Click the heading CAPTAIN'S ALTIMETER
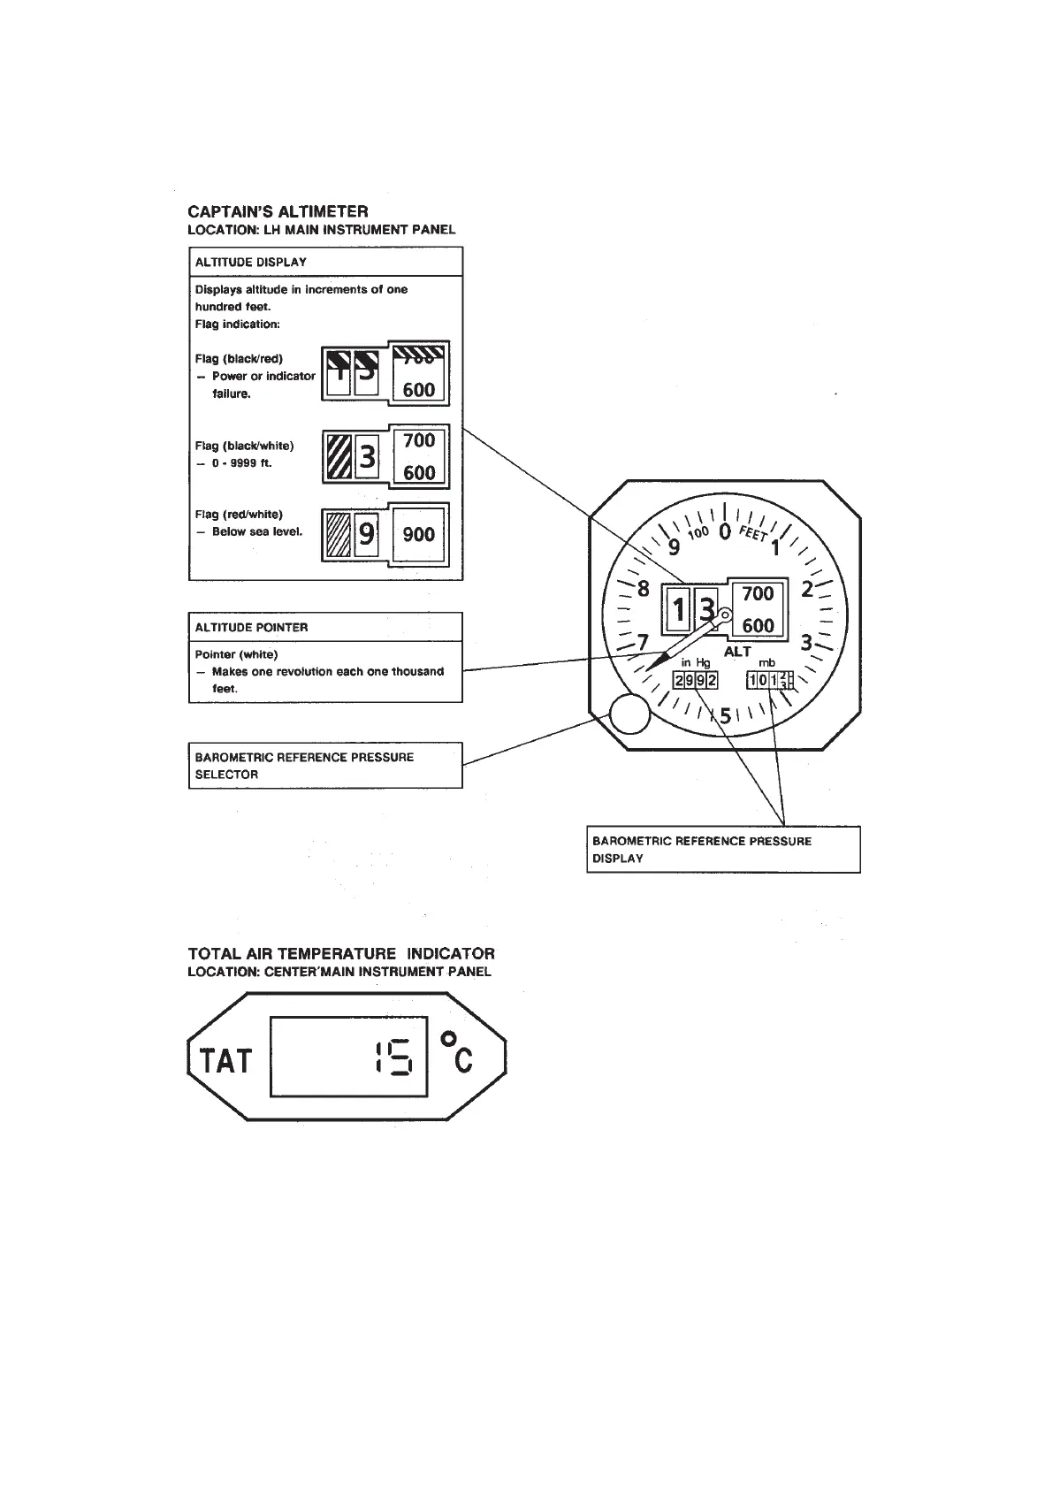(x=278, y=211)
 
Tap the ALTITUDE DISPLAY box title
(x=250, y=262)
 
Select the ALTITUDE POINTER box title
(x=251, y=627)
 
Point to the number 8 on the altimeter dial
(x=644, y=589)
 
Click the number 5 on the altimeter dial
(x=725, y=716)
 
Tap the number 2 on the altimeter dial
(x=806, y=589)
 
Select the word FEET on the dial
(x=753, y=534)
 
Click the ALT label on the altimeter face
(x=737, y=652)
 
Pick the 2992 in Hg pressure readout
(x=696, y=680)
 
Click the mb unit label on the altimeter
(x=767, y=662)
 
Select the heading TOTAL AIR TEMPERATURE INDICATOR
(x=341, y=954)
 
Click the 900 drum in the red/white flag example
(x=418, y=534)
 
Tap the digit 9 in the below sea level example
(x=366, y=534)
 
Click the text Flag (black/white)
(x=244, y=446)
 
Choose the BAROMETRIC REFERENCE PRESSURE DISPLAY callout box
(x=722, y=850)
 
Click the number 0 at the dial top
(x=724, y=531)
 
